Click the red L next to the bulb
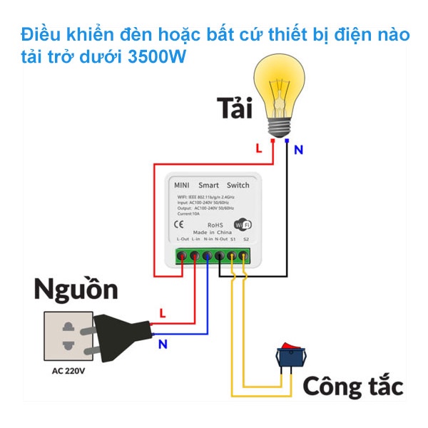(x=258, y=148)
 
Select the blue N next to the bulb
(x=298, y=150)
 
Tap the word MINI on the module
(x=181, y=185)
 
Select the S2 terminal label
(x=245, y=240)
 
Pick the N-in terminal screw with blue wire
(x=207, y=255)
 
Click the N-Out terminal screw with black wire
(x=220, y=255)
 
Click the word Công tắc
(x=353, y=386)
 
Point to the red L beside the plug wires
(x=163, y=312)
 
